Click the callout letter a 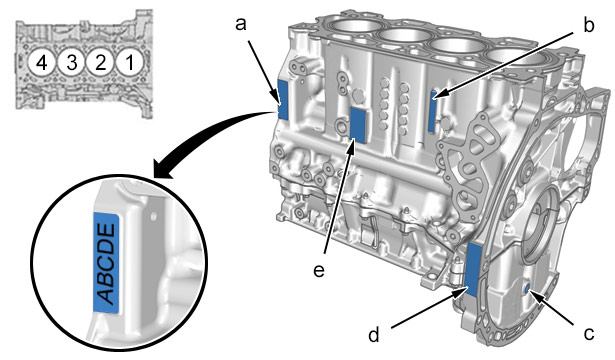[x=241, y=24]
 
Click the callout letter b [x=588, y=25]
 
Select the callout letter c [x=589, y=334]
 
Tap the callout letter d [x=374, y=335]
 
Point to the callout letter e [x=319, y=271]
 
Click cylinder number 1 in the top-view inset [x=129, y=62]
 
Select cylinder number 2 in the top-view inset [x=100, y=62]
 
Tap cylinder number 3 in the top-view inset [x=71, y=62]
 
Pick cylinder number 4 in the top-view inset [x=42, y=62]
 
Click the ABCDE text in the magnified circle [x=106, y=263]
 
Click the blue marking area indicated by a [x=282, y=99]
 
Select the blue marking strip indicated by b [x=432, y=112]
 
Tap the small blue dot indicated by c [x=529, y=290]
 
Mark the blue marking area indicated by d [x=473, y=270]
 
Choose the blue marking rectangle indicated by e [x=358, y=124]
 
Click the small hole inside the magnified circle [x=154, y=216]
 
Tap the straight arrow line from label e [x=340, y=197]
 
